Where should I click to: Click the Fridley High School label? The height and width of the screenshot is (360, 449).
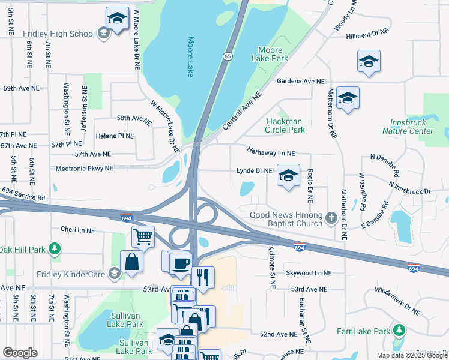click(58, 33)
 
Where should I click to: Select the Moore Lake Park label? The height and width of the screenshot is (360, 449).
click(273, 54)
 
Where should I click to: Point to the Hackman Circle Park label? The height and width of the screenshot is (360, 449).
click(285, 125)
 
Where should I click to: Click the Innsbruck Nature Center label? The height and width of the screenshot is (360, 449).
click(408, 127)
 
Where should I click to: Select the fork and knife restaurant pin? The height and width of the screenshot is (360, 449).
click(202, 277)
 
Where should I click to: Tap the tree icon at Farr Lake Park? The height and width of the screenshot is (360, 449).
click(398, 331)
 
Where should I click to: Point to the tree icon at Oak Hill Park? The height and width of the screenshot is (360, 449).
click(55, 248)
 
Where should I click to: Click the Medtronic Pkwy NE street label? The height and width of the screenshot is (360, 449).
click(84, 169)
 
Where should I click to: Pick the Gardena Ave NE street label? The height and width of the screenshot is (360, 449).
click(300, 81)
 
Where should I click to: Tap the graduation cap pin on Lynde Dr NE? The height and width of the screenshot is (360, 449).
click(288, 175)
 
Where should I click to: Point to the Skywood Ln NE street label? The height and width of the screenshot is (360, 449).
click(308, 272)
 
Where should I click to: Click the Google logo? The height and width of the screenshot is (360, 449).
click(20, 353)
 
